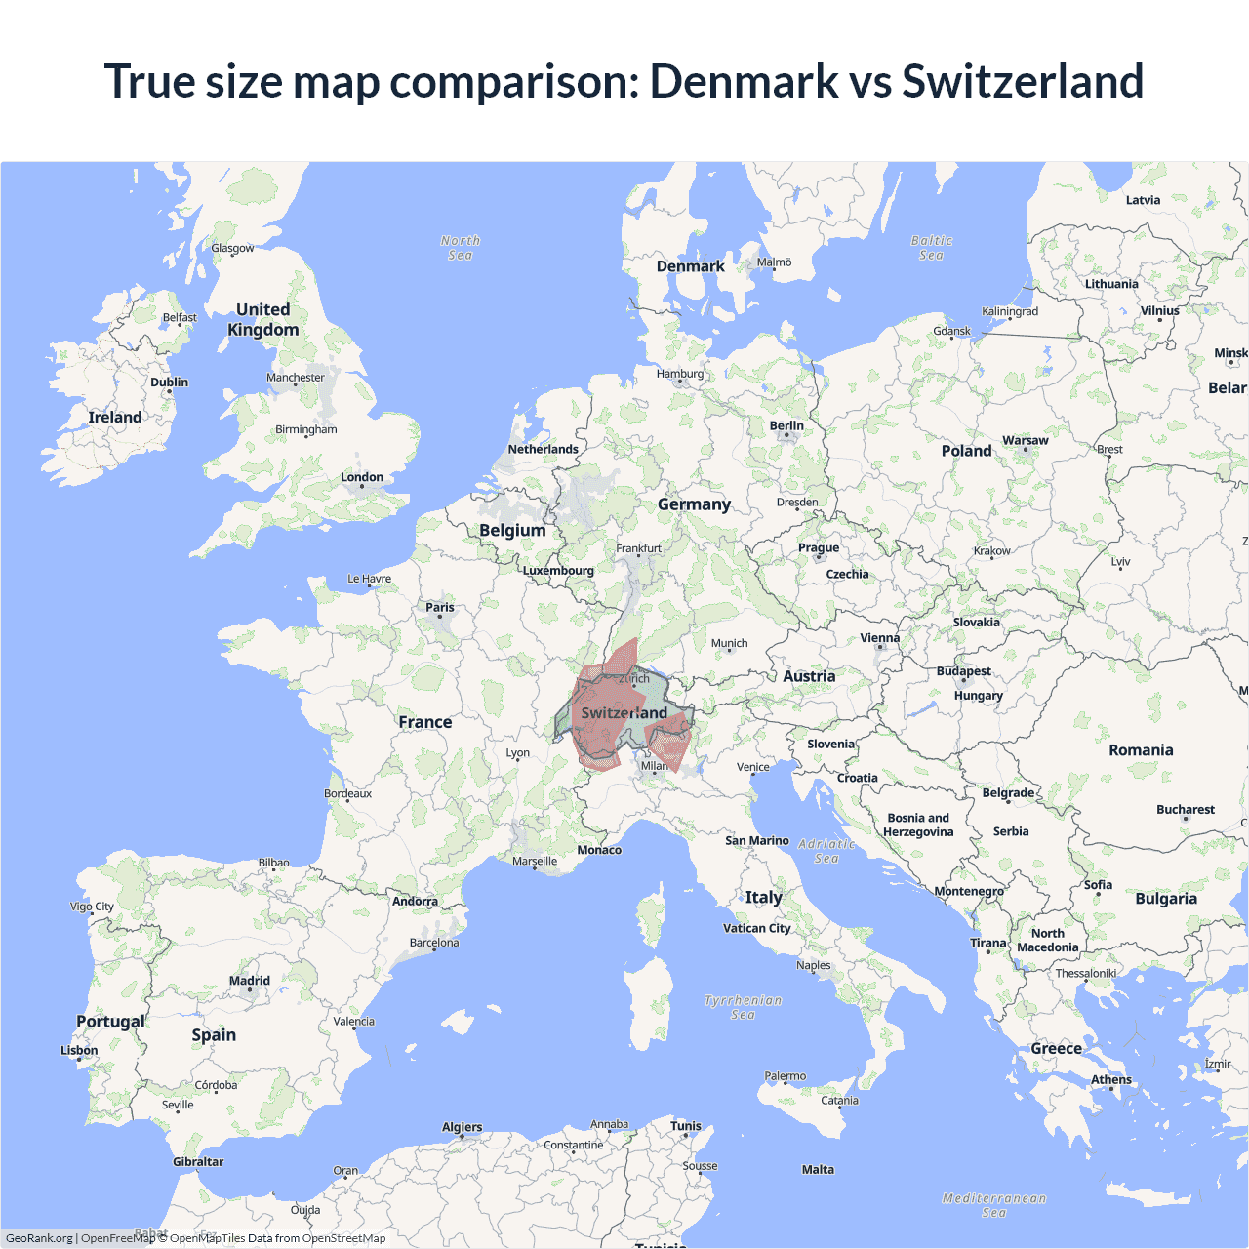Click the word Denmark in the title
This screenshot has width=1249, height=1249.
(x=744, y=81)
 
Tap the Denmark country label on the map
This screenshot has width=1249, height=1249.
(x=690, y=266)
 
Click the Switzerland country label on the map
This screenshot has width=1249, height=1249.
(x=624, y=713)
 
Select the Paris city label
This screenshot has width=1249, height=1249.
(x=440, y=607)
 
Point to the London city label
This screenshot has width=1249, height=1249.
(x=362, y=477)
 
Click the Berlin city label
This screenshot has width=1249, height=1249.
(x=786, y=425)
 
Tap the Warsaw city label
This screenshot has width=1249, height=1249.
(x=1025, y=441)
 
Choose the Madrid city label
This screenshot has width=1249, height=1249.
(x=250, y=981)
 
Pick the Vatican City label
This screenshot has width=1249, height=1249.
(x=756, y=928)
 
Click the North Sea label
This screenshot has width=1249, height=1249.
(x=461, y=248)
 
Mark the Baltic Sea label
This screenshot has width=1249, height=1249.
(x=932, y=248)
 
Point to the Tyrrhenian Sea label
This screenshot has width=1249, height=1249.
(x=744, y=1007)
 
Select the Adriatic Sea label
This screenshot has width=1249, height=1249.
(x=826, y=851)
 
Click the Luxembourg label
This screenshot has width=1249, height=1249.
(x=558, y=571)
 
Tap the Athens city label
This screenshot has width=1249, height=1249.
(x=1111, y=1079)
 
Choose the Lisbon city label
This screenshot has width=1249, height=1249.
(x=79, y=1051)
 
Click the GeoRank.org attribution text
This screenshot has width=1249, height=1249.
(x=39, y=1238)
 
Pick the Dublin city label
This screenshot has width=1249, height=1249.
(x=169, y=383)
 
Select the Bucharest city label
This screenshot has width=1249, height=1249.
(x=1186, y=810)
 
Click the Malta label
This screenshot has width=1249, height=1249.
(x=818, y=1169)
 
